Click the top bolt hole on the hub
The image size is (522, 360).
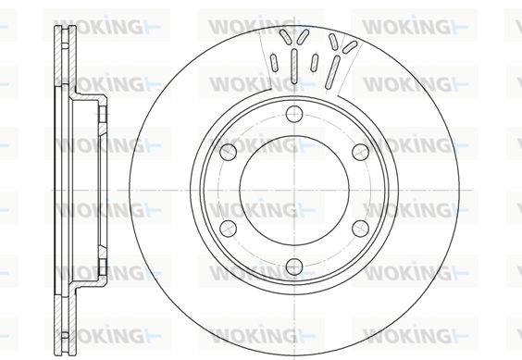[x=294, y=114]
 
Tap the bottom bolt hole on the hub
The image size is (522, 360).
[x=294, y=267]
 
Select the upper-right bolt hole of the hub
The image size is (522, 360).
[x=361, y=152]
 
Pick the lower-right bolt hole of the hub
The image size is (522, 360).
[x=361, y=229]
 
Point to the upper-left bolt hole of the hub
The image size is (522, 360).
[x=229, y=152]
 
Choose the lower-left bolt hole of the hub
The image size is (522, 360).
[x=229, y=229]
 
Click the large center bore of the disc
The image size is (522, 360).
[x=294, y=190]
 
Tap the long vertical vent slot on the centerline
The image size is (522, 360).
[x=294, y=66]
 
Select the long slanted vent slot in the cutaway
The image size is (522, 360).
[x=332, y=72]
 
